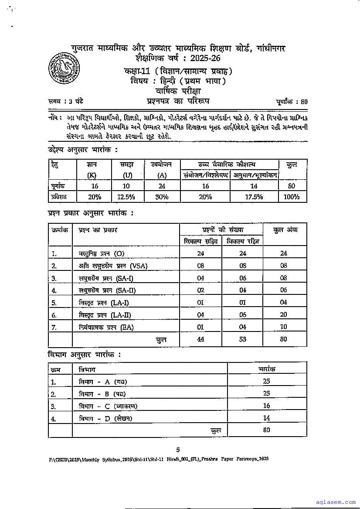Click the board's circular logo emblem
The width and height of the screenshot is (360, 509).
(64, 68)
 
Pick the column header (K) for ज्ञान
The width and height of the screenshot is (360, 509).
(92, 175)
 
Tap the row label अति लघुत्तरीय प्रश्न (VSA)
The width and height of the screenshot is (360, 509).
(107, 266)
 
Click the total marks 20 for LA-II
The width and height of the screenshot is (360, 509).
(285, 315)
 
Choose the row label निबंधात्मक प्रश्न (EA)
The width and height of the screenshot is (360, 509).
(106, 327)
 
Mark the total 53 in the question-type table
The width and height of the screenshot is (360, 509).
(243, 339)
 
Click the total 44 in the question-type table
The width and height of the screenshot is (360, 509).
(201, 339)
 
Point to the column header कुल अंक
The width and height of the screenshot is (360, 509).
(285, 230)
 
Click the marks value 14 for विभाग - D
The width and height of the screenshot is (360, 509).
(267, 418)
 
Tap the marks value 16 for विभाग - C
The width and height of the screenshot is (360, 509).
(267, 406)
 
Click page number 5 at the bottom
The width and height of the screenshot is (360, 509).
(178, 450)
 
